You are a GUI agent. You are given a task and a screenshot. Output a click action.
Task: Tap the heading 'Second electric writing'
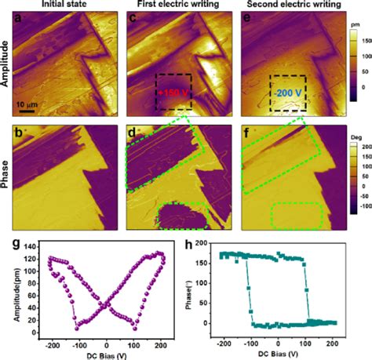coord(287,5)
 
